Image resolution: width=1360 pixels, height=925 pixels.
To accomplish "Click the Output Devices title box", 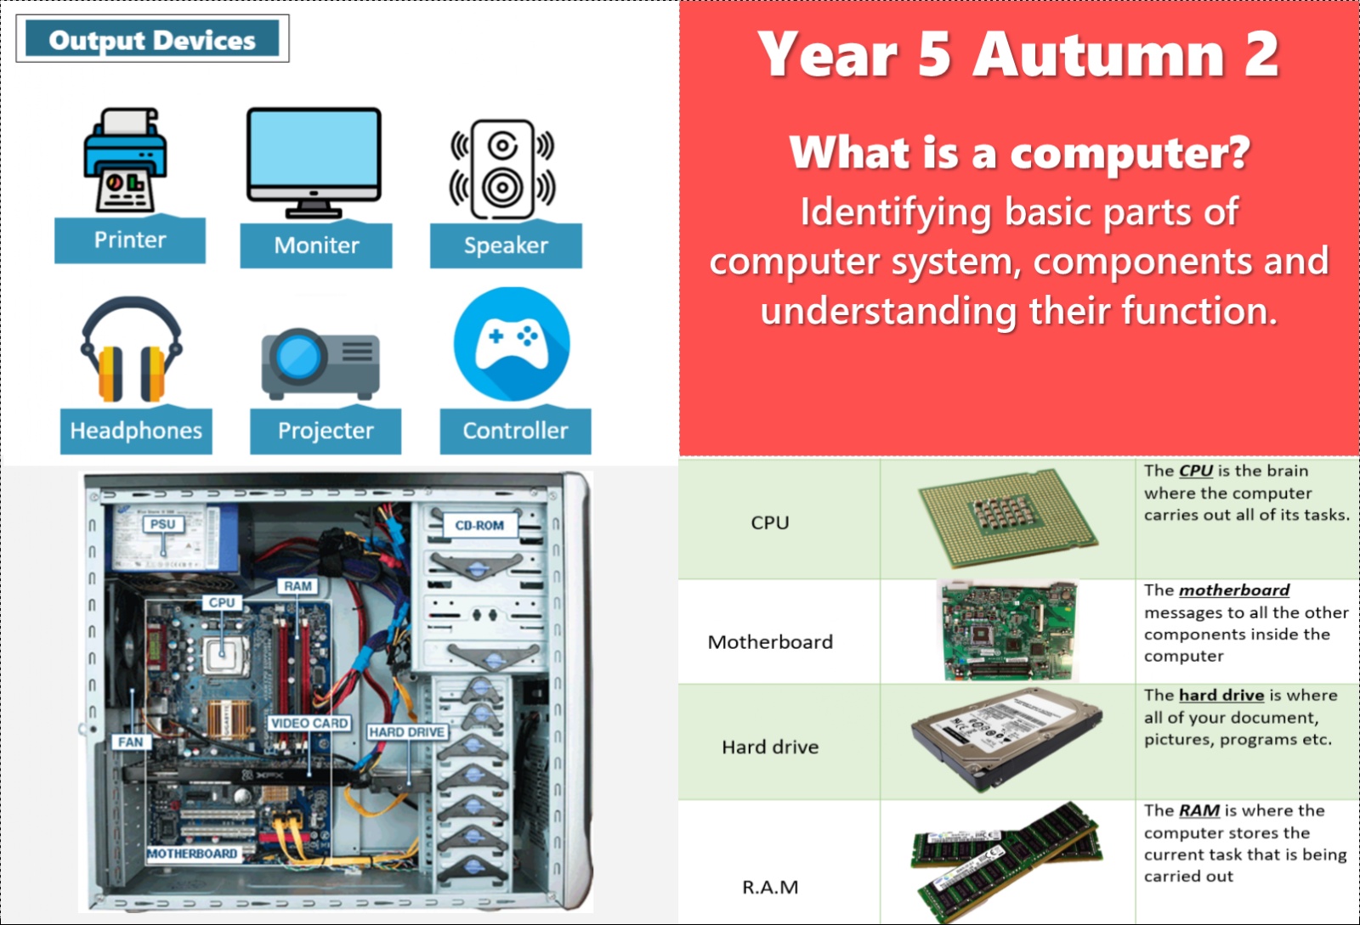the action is point(152,39).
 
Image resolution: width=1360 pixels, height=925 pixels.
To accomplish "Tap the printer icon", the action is point(125,161).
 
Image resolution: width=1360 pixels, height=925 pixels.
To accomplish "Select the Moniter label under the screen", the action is point(315,245).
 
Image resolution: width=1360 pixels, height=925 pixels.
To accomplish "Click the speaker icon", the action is point(502,169).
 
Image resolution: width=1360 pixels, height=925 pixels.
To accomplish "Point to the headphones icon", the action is point(131,349).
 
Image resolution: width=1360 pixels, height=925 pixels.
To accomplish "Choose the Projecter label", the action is point(326,431).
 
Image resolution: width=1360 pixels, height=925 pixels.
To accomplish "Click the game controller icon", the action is point(512,344).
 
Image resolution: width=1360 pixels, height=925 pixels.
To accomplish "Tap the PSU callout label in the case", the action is point(162,524).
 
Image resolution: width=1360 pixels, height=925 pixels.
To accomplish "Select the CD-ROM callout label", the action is point(479,525).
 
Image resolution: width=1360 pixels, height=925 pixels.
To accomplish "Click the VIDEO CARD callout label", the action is point(309,723).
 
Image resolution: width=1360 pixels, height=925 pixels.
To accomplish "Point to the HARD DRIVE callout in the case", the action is point(407,732).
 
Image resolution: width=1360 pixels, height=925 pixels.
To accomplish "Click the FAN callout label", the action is point(131,742).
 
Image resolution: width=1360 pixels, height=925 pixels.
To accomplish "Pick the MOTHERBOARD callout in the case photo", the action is point(192,854).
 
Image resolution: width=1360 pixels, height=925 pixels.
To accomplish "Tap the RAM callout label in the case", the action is point(297,586).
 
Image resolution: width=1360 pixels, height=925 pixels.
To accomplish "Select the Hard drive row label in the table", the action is point(770,747).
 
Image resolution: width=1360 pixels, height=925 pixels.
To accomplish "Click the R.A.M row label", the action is point(770,888).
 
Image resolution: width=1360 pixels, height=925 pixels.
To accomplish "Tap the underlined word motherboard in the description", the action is point(1233,590).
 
